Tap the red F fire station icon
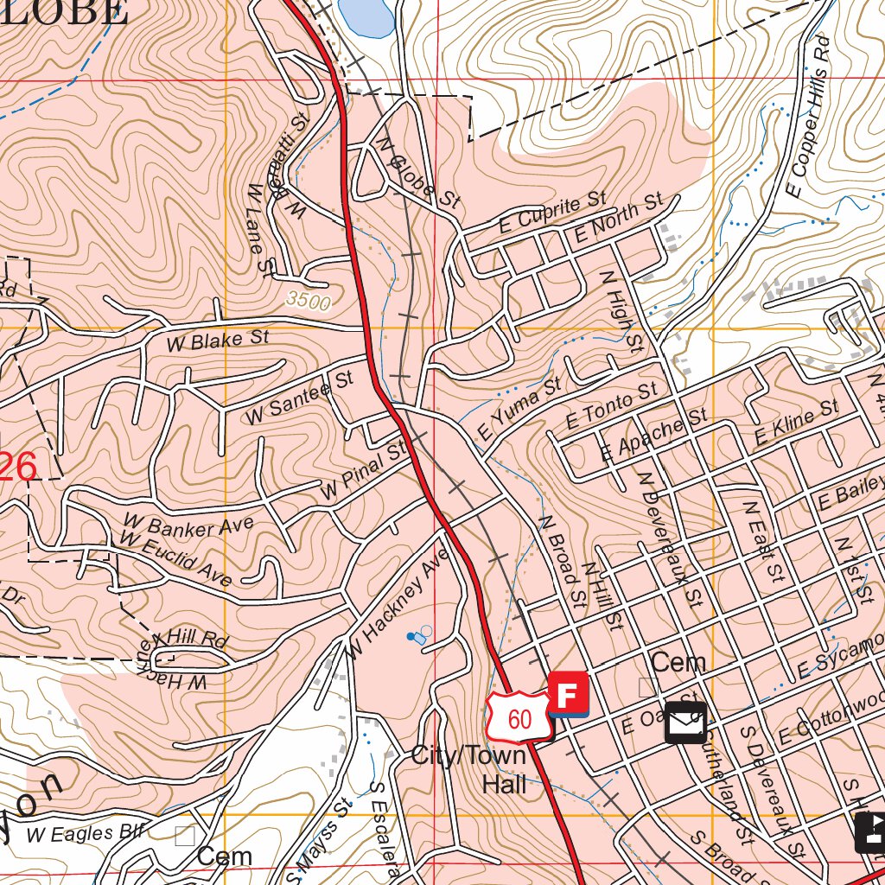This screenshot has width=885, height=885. pyautogui.click(x=568, y=695)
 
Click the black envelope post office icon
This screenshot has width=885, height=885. pyautogui.click(x=685, y=723)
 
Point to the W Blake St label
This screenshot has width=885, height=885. pyautogui.click(x=218, y=341)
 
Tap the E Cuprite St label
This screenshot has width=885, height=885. pyautogui.click(x=553, y=213)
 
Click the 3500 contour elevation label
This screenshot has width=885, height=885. pyautogui.click(x=307, y=302)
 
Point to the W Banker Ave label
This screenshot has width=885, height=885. pyautogui.click(x=188, y=525)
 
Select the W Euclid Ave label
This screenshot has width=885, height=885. pyautogui.click(x=176, y=559)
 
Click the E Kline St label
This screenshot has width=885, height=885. pyautogui.click(x=796, y=424)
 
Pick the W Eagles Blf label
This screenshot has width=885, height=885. pyautogui.click(x=83, y=833)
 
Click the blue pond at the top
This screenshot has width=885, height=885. pyautogui.click(x=368, y=16)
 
